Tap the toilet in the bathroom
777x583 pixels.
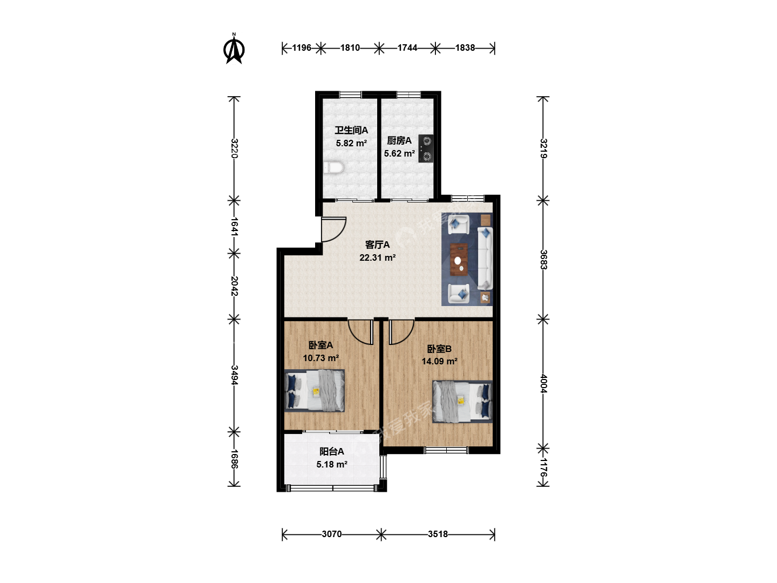tap(333, 167)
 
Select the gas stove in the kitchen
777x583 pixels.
tap(426, 148)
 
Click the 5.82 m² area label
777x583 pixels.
tap(351, 143)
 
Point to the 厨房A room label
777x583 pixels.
tap(399, 140)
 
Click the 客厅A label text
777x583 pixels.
tap(377, 245)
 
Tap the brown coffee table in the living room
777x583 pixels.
tap(459, 260)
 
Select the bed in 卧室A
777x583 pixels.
tap(315, 390)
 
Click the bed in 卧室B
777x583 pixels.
tap(462, 402)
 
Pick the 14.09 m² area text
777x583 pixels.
tap(439, 361)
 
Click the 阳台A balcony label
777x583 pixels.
tap(332, 451)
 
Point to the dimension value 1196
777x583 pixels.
tap(302, 48)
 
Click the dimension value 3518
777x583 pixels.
tap(438, 534)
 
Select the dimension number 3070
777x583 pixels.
tap(332, 534)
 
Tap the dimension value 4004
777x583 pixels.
tap(543, 384)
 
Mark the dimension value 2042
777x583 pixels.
tap(234, 286)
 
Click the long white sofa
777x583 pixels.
tap(485, 258)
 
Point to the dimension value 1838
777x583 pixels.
tap(465, 48)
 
